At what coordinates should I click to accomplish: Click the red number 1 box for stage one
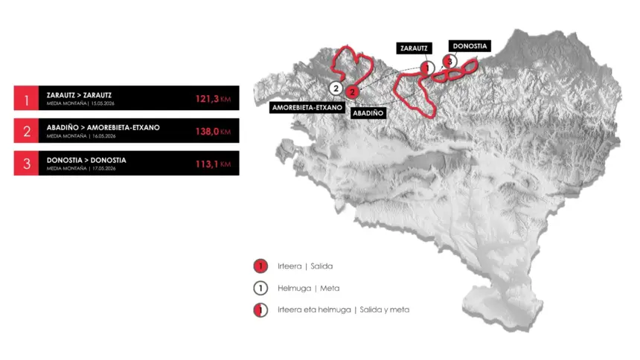(26, 98)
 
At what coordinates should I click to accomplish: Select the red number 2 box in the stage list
(26, 131)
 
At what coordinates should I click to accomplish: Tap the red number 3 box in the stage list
(26, 164)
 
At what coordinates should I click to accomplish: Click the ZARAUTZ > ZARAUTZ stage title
(79, 95)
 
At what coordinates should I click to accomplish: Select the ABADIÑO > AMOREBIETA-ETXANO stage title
(103, 128)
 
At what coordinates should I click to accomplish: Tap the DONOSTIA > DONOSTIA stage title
(86, 160)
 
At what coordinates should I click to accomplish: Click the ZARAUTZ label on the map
(413, 48)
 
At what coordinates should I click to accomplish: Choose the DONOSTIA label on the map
(469, 45)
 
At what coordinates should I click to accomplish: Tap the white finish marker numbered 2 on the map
(336, 89)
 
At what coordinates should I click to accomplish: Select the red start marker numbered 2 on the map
(353, 91)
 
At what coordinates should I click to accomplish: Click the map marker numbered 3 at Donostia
(447, 61)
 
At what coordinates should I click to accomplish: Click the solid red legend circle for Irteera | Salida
(260, 266)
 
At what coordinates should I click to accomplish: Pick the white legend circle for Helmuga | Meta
(260, 288)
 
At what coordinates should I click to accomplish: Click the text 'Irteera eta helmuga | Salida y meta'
(343, 309)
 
